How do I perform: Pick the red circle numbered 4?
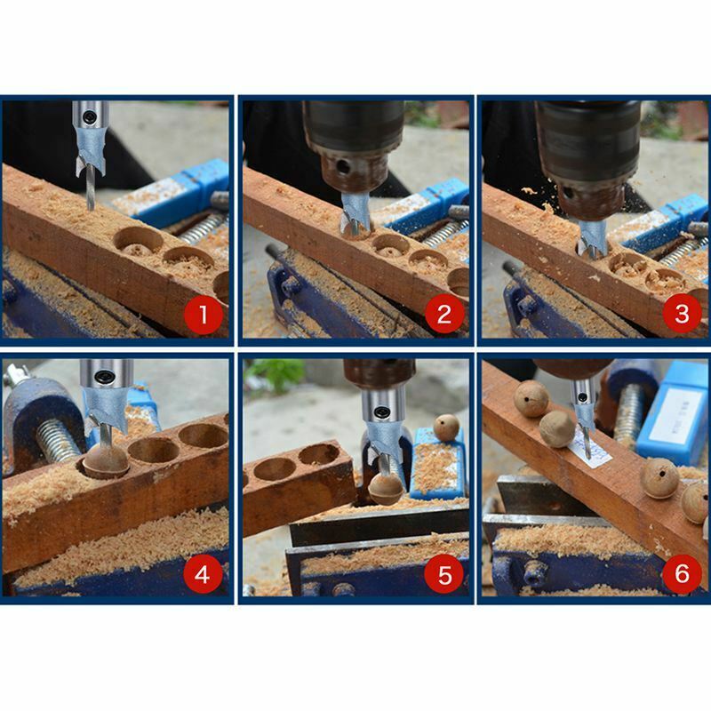tap(203, 573)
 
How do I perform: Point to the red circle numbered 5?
tap(443, 573)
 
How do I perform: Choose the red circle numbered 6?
tap(682, 573)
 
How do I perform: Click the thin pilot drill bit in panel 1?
tap(90, 190)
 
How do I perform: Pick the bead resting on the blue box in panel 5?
tap(445, 427)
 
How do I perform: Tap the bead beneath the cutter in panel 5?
tap(385, 487)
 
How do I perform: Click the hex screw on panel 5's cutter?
tap(380, 411)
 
